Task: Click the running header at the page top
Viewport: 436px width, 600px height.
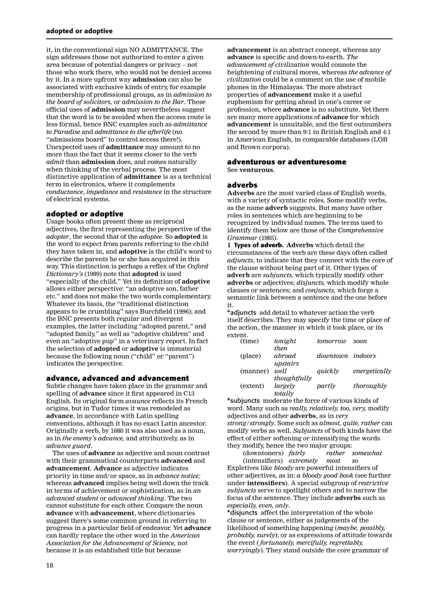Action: click(79, 31)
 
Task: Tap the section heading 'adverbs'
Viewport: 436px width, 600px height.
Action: click(242, 185)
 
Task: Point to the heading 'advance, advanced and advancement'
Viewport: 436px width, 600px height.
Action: click(118, 378)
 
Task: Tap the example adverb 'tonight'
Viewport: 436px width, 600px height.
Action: click(285, 341)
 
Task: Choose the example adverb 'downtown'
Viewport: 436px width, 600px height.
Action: click(331, 356)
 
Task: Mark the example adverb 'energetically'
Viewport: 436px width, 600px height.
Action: click(372, 371)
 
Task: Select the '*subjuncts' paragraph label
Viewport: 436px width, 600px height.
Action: click(243, 401)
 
